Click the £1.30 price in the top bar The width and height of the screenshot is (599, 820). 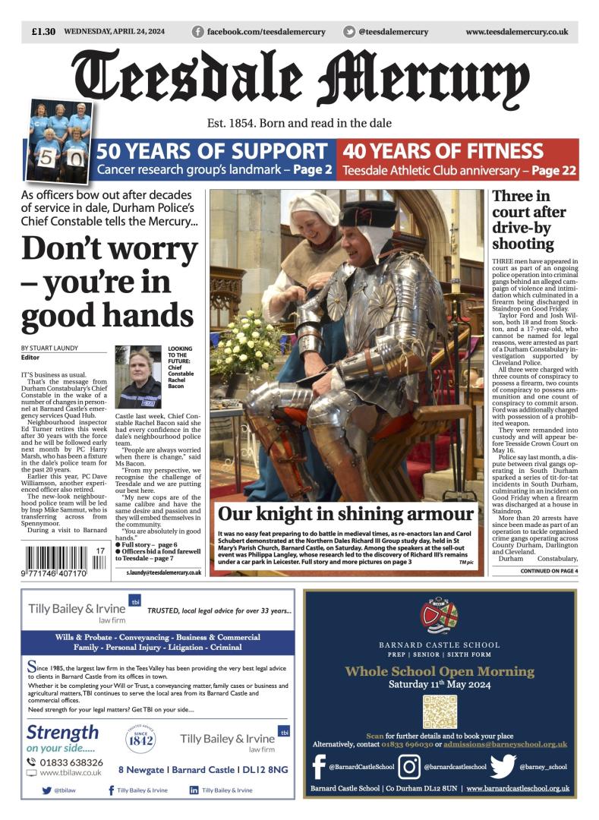[x=43, y=32]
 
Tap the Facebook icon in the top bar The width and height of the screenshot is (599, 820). [x=197, y=32]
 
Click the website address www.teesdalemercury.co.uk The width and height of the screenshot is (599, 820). [x=516, y=32]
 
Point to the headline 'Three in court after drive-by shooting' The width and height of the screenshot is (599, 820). [x=524, y=219]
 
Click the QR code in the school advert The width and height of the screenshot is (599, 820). [x=440, y=711]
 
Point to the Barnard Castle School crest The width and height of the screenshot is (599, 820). [x=440, y=617]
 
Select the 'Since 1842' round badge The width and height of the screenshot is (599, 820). [x=140, y=740]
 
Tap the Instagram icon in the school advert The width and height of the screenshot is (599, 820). [x=409, y=767]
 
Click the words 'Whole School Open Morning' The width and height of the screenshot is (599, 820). [x=440, y=671]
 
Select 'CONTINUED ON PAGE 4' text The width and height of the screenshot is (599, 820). [x=549, y=571]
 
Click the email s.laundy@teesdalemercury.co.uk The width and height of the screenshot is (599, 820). [x=164, y=572]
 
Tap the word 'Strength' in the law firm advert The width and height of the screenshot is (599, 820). [x=62, y=732]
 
